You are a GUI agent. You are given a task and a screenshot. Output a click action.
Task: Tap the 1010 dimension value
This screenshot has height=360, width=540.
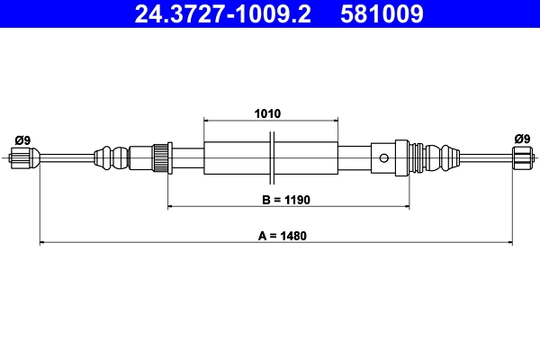(x=267, y=114)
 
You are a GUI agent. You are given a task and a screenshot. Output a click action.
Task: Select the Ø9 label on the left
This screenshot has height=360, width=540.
(x=22, y=139)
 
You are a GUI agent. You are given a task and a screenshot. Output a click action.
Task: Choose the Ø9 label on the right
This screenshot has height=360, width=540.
(x=521, y=139)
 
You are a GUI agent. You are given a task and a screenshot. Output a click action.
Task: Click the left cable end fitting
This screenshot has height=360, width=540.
(x=25, y=160)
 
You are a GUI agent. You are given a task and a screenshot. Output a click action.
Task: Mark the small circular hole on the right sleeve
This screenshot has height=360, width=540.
(x=384, y=158)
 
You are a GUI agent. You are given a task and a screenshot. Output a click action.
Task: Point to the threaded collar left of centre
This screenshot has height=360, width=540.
(x=162, y=157)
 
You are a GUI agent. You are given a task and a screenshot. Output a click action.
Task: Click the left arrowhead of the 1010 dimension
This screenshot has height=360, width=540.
(x=207, y=119)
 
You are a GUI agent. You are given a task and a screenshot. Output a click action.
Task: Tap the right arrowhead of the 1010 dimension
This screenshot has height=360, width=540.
(x=336, y=119)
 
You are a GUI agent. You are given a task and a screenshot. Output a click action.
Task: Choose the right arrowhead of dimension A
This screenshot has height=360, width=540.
(x=510, y=242)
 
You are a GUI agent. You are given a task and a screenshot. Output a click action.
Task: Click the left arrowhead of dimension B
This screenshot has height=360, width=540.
(x=171, y=207)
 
